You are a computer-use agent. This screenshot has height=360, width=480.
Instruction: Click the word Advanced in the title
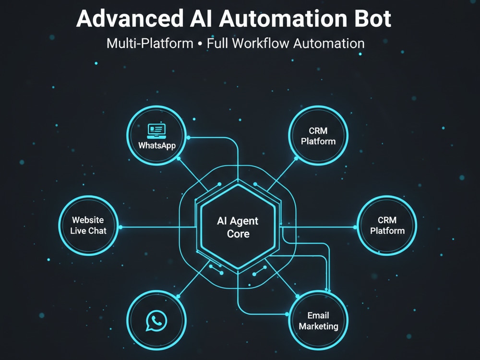pyautogui.click(x=130, y=19)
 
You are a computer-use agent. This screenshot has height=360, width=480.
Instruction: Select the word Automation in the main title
pyautogui.click(x=283, y=19)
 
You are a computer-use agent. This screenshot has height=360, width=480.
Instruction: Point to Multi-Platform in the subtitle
pyautogui.click(x=150, y=44)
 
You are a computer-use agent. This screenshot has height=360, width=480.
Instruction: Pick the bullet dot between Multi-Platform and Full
pyautogui.click(x=200, y=44)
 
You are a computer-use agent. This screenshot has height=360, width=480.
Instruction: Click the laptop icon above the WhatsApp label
pyautogui.click(x=156, y=131)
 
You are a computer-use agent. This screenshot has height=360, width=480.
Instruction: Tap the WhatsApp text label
pyautogui.click(x=157, y=145)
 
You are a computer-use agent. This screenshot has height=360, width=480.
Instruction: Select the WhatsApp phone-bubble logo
pyautogui.click(x=156, y=321)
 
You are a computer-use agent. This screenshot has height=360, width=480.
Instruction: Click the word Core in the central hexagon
pyautogui.click(x=238, y=234)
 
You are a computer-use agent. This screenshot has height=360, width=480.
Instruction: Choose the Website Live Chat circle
pyautogui.click(x=88, y=226)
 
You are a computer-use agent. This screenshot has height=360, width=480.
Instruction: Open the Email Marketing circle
pyautogui.click(x=318, y=320)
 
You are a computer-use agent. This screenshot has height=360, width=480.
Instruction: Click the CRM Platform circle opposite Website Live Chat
pyautogui.click(x=387, y=226)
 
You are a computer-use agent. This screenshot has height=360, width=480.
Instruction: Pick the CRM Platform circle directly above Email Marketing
pyautogui.click(x=318, y=136)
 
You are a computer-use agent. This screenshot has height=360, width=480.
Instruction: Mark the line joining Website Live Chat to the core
pyautogui.click(x=158, y=227)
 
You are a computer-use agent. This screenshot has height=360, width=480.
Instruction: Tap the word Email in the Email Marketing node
pyautogui.click(x=318, y=315)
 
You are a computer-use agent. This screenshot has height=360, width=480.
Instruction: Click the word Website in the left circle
pyautogui.click(x=88, y=220)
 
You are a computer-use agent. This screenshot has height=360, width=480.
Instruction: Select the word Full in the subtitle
pyautogui.click(x=217, y=44)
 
